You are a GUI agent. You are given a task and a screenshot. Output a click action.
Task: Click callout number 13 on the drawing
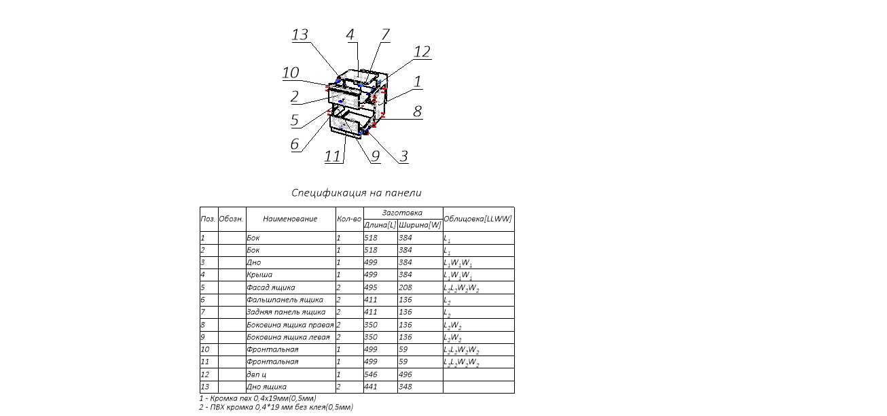coord(300,35)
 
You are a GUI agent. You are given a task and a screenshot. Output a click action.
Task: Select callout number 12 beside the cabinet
coord(422,52)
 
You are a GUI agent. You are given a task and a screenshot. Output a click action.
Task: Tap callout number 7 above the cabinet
coord(385,35)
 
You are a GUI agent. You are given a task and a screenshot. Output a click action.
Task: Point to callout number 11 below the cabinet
coord(332,156)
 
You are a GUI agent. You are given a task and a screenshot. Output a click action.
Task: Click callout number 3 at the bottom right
coord(403,156)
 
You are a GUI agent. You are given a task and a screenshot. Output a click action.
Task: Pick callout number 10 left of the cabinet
coord(291,73)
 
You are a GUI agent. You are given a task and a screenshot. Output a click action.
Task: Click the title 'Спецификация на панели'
coord(357,193)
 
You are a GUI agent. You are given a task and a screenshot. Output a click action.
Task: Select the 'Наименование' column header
coord(290,219)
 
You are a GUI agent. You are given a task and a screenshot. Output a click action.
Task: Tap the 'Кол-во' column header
coord(349,219)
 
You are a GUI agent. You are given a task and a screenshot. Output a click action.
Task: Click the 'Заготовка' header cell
coord(403,213)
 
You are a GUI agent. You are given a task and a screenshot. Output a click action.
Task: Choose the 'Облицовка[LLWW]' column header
coord(477,219)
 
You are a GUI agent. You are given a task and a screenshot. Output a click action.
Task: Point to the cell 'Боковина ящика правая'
coord(290,325)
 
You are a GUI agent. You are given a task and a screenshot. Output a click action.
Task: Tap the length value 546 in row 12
coord(372,375)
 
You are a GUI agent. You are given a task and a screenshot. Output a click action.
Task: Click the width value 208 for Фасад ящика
coord(405,288)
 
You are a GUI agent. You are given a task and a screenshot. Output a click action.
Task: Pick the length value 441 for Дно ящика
coord(372,387)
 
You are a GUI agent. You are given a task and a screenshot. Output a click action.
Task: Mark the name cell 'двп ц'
coord(256,375)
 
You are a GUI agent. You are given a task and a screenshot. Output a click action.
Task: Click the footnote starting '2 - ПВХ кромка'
coord(276,407)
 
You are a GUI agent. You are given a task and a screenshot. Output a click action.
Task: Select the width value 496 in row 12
coord(405,375)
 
